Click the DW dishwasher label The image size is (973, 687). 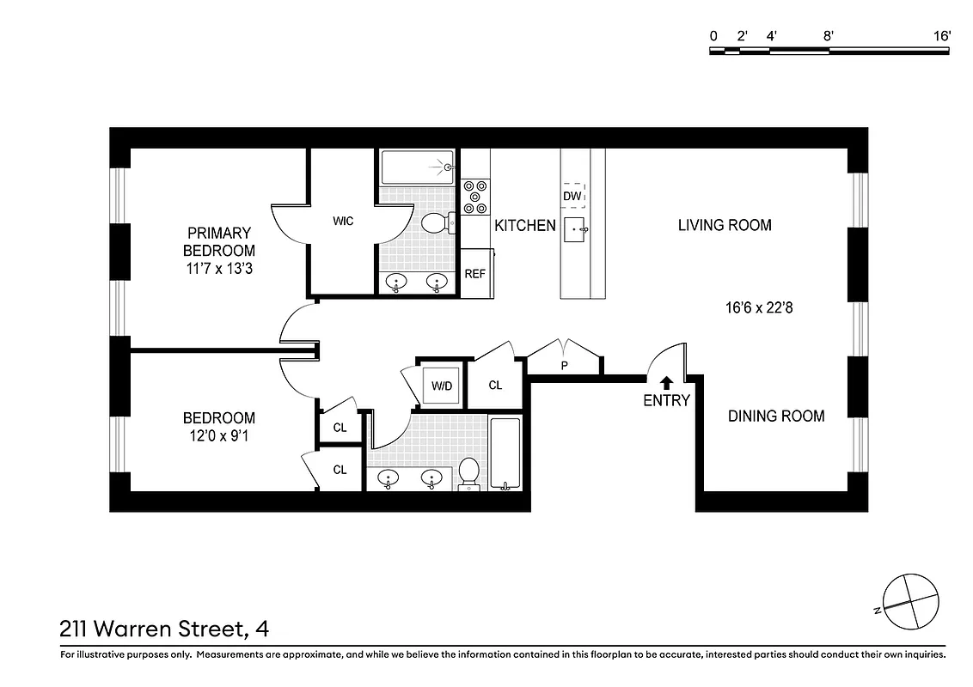point(572,197)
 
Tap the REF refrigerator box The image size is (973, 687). point(475,274)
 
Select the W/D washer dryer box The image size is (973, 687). point(442,386)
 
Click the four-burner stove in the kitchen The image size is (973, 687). point(475,196)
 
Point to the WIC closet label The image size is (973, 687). point(343,221)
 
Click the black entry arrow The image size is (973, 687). point(665,383)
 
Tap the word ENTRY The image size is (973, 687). point(666,400)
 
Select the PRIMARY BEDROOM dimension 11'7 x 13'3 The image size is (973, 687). point(219,269)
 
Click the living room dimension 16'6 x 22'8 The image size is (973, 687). point(759,307)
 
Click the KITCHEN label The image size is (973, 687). point(524,226)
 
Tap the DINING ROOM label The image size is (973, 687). point(776,416)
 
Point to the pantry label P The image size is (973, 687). point(564,365)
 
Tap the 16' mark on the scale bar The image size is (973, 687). point(942,36)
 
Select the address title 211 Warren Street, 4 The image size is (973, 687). point(164,629)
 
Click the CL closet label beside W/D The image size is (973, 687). point(495,386)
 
